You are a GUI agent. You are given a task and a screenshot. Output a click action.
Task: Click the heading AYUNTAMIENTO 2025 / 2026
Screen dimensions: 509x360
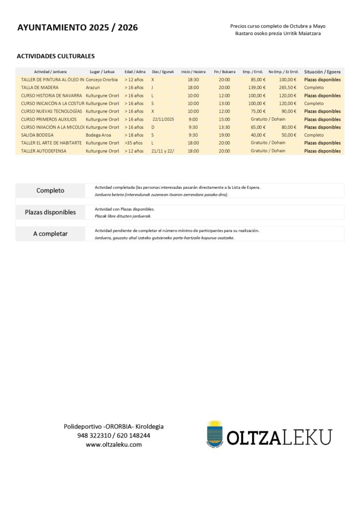coord(78,28)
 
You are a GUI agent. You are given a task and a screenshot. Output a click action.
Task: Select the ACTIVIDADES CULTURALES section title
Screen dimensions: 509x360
coord(56,56)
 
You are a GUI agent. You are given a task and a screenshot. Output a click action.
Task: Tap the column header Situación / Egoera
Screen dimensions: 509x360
coord(322,72)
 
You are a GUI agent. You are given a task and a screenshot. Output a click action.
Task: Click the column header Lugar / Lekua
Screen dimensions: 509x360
coord(102,72)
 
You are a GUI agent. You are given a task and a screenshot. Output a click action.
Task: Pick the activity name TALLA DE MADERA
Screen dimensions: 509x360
coord(40,87)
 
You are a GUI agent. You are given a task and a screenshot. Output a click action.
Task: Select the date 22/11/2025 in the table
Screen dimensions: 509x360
coord(163,119)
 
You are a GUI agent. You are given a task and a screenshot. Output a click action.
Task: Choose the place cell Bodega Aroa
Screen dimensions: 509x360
coord(98,135)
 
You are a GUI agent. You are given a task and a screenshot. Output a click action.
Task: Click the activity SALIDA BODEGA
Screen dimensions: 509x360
coord(37,135)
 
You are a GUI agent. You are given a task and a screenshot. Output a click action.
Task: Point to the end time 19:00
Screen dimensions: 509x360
coord(224,135)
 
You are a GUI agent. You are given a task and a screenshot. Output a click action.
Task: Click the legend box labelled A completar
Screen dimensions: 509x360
coord(50,234)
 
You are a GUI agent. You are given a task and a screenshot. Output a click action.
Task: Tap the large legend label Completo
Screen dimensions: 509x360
coord(50,190)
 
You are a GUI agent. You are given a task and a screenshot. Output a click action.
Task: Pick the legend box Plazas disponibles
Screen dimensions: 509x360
coord(50,212)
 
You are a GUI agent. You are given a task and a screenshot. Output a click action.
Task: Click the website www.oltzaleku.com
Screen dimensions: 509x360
coord(113,444)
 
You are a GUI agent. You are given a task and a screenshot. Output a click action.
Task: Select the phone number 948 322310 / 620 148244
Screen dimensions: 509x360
coord(113,435)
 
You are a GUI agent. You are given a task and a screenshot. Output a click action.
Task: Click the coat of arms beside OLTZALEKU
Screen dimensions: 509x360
coord(215,434)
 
